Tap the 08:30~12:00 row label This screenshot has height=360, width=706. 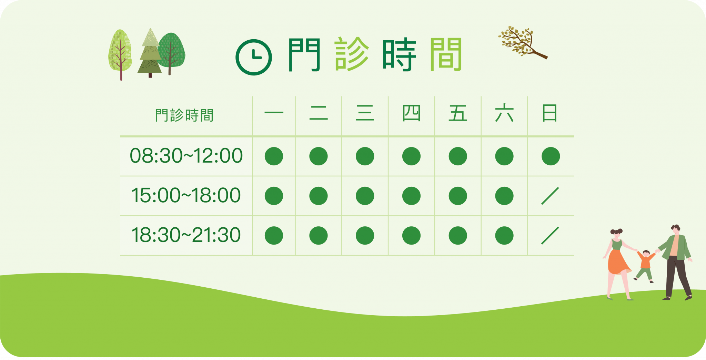(x=186, y=156)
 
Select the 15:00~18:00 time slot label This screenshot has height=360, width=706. (x=186, y=195)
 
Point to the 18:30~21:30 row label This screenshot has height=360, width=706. (x=186, y=235)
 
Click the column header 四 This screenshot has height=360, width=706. (x=411, y=113)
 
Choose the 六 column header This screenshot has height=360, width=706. (x=504, y=113)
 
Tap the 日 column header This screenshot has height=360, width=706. (x=549, y=113)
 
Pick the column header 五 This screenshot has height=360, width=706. (x=458, y=113)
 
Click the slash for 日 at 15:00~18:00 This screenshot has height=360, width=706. (x=550, y=196)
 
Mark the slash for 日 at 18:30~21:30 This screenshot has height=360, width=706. (x=550, y=236)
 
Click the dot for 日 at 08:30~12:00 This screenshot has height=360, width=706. (x=551, y=156)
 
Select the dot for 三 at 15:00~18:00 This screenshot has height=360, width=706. (x=365, y=196)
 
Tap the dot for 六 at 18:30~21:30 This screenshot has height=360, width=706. (x=504, y=236)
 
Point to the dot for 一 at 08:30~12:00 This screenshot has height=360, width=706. (x=274, y=156)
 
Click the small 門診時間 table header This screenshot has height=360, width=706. (x=184, y=115)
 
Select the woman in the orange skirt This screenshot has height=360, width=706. (x=619, y=264)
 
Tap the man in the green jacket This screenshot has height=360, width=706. (x=676, y=262)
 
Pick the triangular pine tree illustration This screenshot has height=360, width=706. (x=150, y=53)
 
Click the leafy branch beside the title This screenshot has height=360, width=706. (x=522, y=43)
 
